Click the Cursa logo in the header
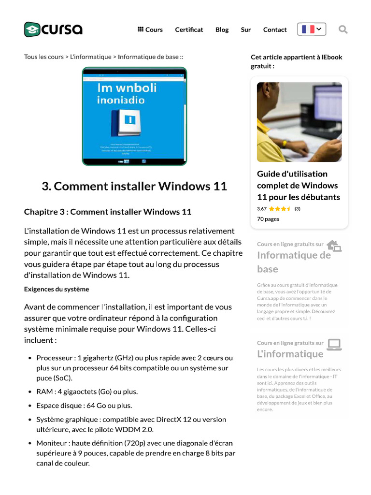53,29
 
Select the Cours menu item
150,29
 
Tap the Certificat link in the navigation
189,29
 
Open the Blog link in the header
222,29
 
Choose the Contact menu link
275,29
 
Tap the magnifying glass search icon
343,29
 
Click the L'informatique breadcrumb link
91,57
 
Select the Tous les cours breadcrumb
43,57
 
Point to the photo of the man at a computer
299,122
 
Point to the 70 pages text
268,219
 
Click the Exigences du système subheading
57,289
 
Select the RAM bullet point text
87,392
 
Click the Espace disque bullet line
84,406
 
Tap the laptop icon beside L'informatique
334,344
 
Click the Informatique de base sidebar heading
294,262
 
